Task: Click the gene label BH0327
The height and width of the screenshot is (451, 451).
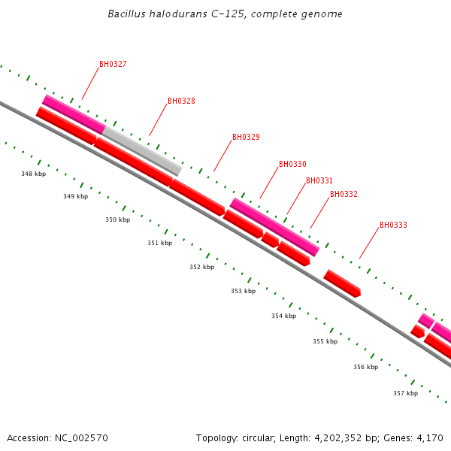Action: point(113,65)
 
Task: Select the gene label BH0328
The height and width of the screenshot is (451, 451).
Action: point(181,101)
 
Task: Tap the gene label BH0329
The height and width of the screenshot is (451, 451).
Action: point(246,138)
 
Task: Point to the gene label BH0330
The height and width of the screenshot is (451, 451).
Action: point(292,165)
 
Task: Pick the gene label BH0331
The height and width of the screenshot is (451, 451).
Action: point(319,181)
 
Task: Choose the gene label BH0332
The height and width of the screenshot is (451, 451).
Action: point(344,195)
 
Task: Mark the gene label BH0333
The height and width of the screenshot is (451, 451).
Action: point(393,225)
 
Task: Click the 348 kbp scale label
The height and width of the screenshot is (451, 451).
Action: point(33,174)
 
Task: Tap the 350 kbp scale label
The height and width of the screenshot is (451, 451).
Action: point(117,220)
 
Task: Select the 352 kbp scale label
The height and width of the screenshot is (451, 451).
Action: point(201,267)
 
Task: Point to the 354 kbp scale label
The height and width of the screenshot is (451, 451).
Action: point(283,316)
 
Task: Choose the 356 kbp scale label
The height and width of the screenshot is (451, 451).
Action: point(365,367)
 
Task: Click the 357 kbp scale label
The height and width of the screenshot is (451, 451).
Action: point(405,393)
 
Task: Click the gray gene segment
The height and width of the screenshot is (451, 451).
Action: point(143,150)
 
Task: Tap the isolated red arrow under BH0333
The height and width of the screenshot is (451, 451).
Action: point(342,283)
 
